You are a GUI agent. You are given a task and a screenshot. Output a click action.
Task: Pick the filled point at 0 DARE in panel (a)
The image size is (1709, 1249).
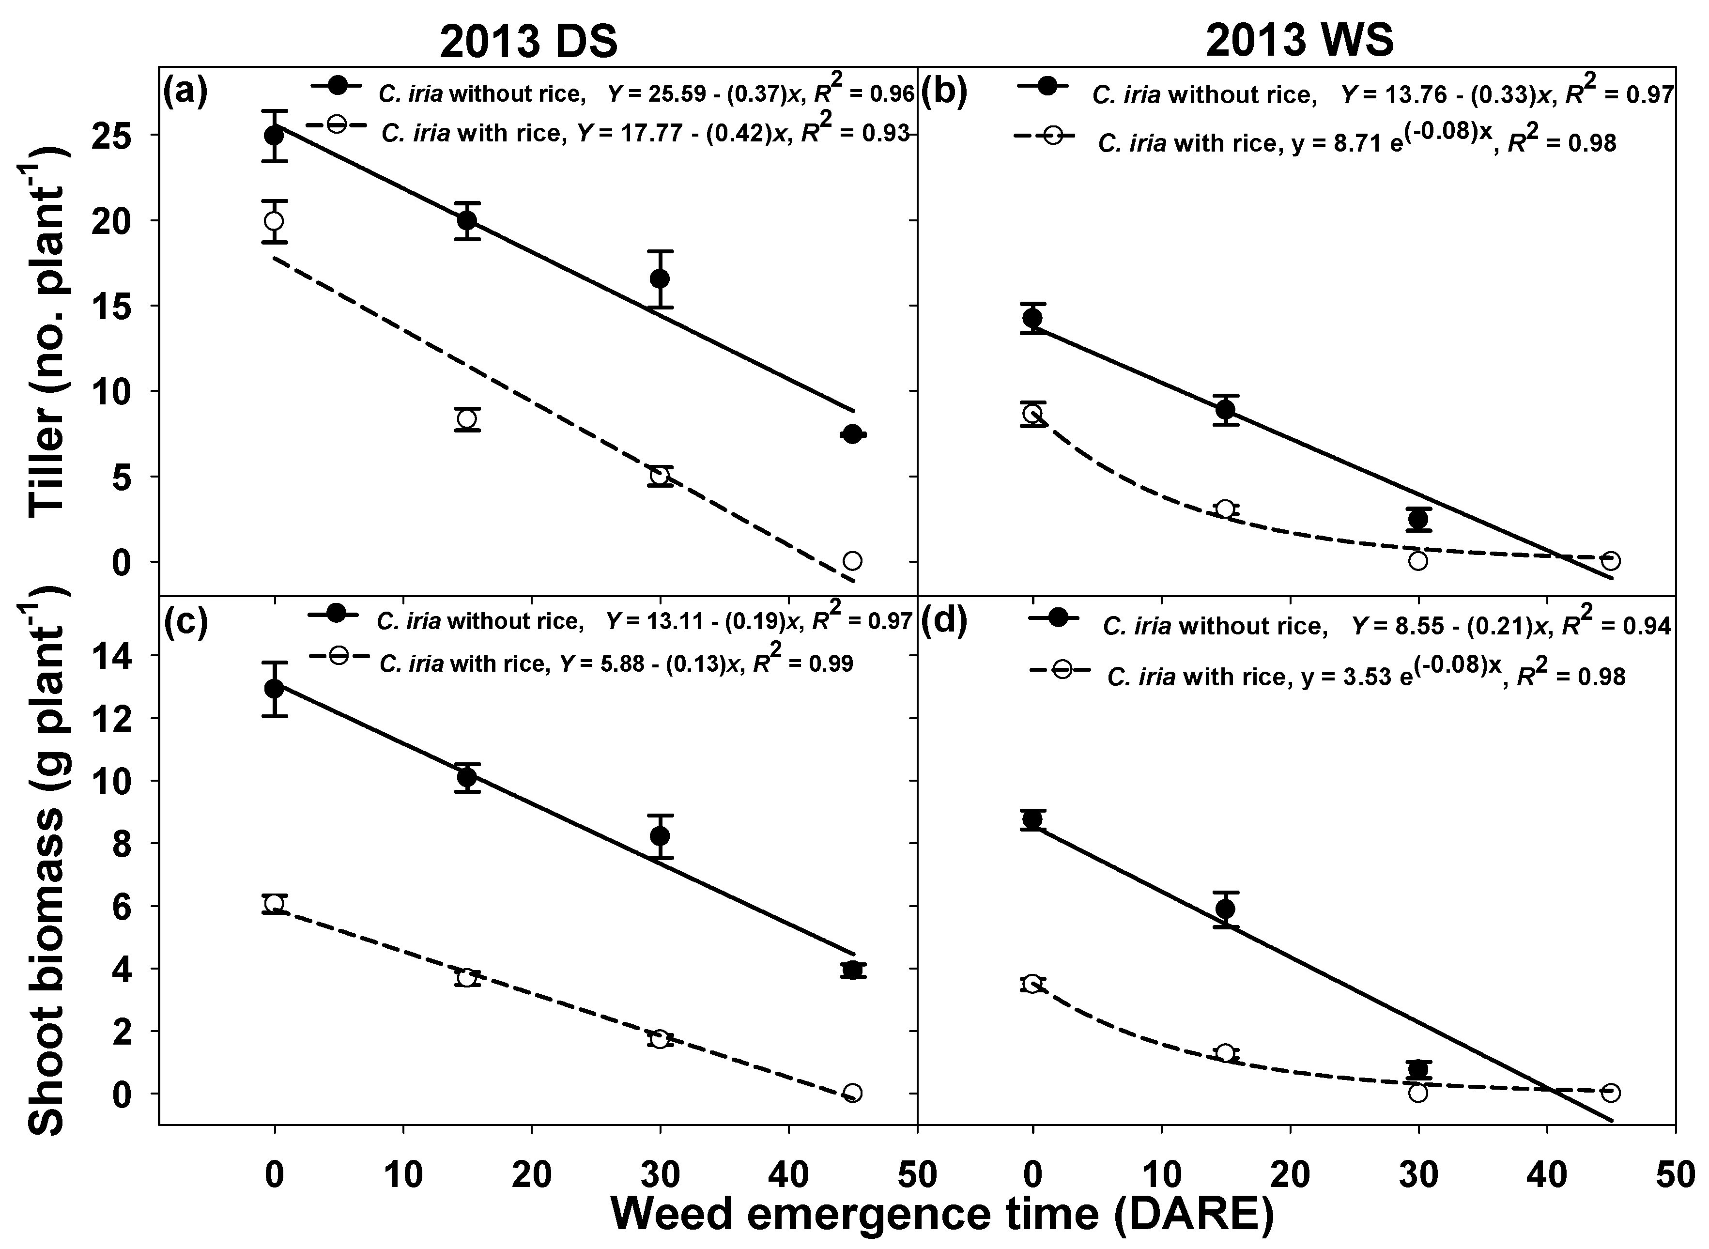275,135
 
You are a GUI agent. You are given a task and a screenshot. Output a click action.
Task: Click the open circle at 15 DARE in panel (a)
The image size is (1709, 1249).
467,419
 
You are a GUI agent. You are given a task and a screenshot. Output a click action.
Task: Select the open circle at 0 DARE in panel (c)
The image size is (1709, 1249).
275,904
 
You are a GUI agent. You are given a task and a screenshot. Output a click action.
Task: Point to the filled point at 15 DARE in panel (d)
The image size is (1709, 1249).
1225,909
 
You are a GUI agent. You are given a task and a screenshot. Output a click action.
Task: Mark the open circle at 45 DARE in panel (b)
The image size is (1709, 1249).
1611,561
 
